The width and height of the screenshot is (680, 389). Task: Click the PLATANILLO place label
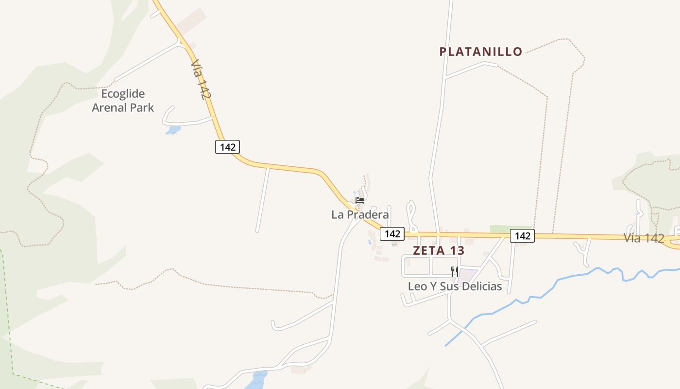(481, 52)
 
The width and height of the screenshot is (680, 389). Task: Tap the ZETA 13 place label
(438, 251)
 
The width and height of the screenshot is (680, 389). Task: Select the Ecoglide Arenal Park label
(123, 101)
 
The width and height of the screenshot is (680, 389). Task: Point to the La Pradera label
(360, 214)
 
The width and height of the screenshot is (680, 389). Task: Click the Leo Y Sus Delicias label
(455, 286)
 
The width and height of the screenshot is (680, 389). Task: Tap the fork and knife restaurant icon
(455, 271)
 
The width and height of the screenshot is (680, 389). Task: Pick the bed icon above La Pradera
(360, 200)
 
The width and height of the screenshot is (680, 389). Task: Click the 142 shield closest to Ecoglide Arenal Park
(227, 147)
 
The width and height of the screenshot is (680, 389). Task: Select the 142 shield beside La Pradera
(392, 234)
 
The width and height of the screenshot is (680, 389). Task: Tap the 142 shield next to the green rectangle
(522, 236)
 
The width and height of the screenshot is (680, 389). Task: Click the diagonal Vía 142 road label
(201, 80)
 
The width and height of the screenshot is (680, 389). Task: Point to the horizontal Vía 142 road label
(644, 238)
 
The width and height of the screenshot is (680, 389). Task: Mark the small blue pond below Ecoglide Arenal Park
(173, 130)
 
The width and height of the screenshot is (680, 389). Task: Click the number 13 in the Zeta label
(457, 251)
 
